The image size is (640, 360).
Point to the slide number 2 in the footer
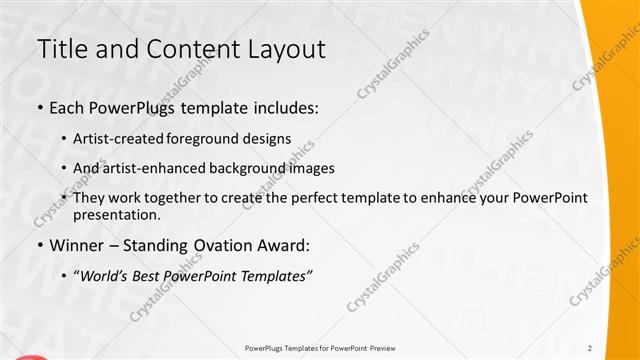click(590, 348)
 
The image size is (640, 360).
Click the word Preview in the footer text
click(382, 348)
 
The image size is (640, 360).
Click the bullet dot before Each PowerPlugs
click(39, 107)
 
